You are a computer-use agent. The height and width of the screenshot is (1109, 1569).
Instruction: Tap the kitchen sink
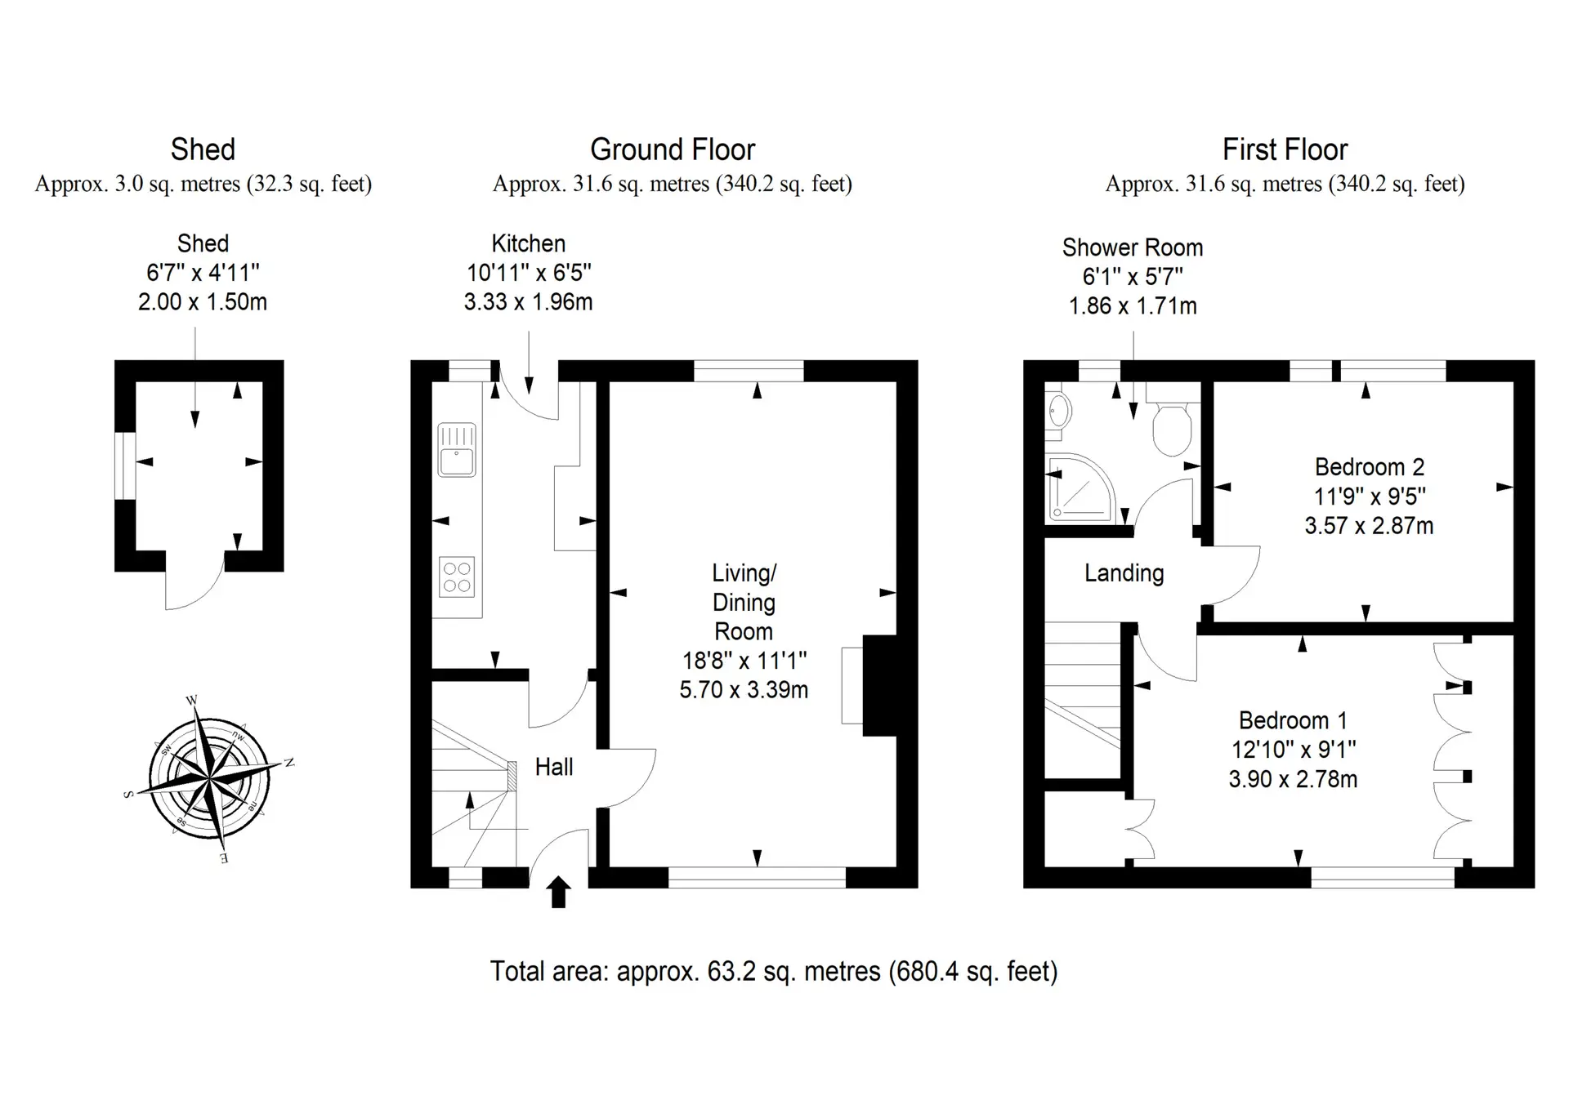pos(457,449)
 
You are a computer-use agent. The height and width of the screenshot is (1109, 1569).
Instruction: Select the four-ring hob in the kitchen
pos(457,577)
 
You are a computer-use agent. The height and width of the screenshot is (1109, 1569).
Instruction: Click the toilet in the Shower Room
pos(1171,425)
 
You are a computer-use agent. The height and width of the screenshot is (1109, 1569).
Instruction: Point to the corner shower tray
pos(1079,488)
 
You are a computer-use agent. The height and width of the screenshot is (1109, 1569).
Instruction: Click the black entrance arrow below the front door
pos(558,892)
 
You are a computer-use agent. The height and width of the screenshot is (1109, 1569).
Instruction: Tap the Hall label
pos(554,767)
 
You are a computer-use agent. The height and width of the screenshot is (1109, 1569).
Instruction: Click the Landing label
pos(1124,573)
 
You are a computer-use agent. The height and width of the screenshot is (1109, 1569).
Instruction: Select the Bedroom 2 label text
pos(1370,467)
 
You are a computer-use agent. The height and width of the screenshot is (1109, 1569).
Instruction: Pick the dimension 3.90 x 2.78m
pos(1293,779)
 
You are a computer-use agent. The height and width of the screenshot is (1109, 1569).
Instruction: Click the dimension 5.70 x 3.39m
pos(744,689)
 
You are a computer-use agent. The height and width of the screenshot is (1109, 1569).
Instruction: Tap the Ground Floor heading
pos(673,149)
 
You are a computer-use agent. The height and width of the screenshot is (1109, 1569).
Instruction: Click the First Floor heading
pos(1285,149)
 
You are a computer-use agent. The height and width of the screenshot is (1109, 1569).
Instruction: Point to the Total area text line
pos(774,971)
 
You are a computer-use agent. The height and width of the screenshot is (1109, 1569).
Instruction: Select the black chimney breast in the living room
pos(880,686)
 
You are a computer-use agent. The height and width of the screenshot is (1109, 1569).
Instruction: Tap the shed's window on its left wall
pos(124,465)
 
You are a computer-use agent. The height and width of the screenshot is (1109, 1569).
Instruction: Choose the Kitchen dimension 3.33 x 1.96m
pos(528,302)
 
